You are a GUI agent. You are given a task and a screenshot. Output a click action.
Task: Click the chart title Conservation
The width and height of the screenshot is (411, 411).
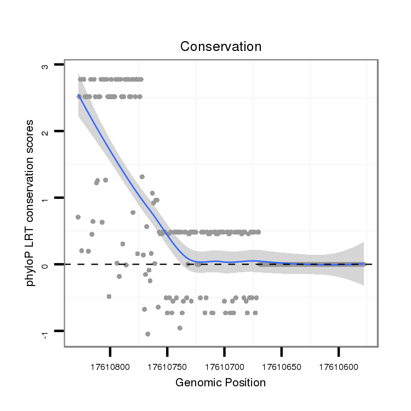(221, 47)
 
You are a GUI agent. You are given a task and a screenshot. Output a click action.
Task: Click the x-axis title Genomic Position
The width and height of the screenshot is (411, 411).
(220, 383)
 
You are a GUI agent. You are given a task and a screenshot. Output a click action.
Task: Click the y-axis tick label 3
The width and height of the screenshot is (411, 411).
(45, 66)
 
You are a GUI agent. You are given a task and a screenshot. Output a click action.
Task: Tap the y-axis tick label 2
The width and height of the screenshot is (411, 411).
(45, 132)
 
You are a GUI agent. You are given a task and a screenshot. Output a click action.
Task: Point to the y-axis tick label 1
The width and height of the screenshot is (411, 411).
(45, 198)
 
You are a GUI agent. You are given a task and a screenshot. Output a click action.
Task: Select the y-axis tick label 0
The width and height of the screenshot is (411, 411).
(45, 265)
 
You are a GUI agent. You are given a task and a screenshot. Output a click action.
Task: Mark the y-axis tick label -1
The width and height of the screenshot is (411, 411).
(45, 332)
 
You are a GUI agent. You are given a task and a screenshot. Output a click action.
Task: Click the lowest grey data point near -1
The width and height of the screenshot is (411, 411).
(148, 334)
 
